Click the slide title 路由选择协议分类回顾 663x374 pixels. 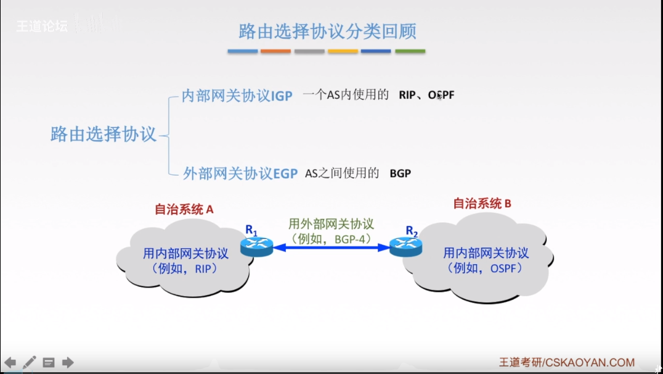pos(327,31)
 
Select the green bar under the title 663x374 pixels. pos(410,51)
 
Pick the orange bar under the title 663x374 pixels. pos(275,51)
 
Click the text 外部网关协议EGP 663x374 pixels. pos(240,173)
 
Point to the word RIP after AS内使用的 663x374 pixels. pos(407,96)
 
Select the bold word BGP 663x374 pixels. pos(400,174)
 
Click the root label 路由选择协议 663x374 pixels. pos(104,134)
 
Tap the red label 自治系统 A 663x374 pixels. pos(184,209)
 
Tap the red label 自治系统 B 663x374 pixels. pos(482,203)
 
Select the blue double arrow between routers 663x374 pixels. pos(331,247)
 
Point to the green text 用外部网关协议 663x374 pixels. pos(331,224)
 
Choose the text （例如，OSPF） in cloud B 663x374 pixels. pos(487,268)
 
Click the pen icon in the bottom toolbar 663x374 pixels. pos(30,362)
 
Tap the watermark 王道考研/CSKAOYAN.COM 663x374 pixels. pos(566,363)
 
